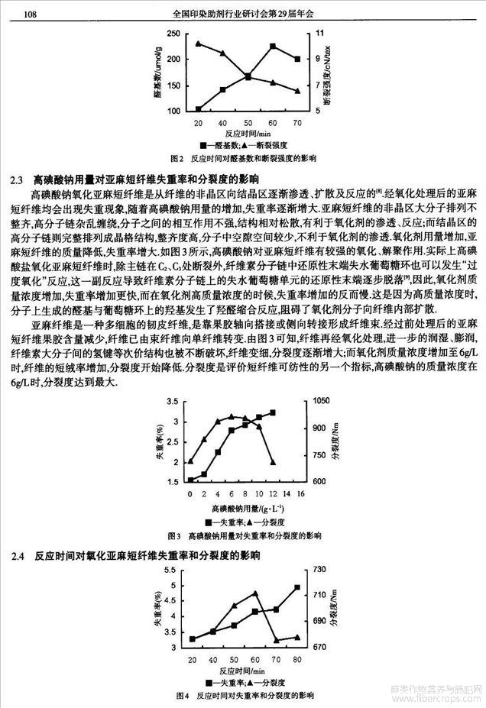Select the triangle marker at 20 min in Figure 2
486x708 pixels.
(x=199, y=44)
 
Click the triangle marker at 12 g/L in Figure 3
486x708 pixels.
(x=273, y=463)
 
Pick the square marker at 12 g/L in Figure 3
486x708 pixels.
(x=273, y=412)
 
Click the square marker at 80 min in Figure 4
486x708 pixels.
(x=296, y=587)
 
